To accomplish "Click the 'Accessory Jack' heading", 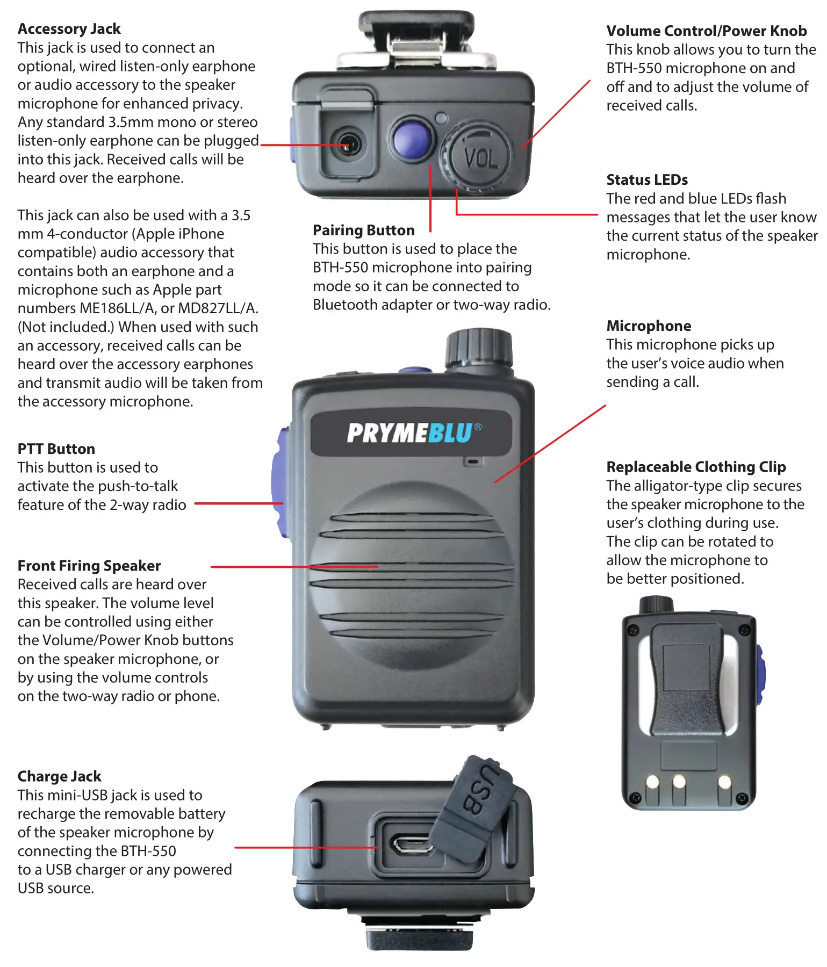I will coord(69,28).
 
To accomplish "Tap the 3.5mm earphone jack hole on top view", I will coord(347,146).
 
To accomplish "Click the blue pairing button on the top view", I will coord(412,138).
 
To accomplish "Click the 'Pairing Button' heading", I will coord(363,230).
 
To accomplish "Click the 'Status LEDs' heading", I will coord(647,179).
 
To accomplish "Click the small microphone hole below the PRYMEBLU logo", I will coord(473,461).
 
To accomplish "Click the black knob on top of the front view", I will coord(478,348).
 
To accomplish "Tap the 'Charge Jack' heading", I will coord(59,776).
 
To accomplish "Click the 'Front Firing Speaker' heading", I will coord(89,566).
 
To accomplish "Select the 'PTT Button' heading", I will coord(56,449).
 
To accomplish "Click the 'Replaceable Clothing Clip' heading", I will coord(696,466).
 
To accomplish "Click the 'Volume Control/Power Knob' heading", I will coord(706,31).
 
